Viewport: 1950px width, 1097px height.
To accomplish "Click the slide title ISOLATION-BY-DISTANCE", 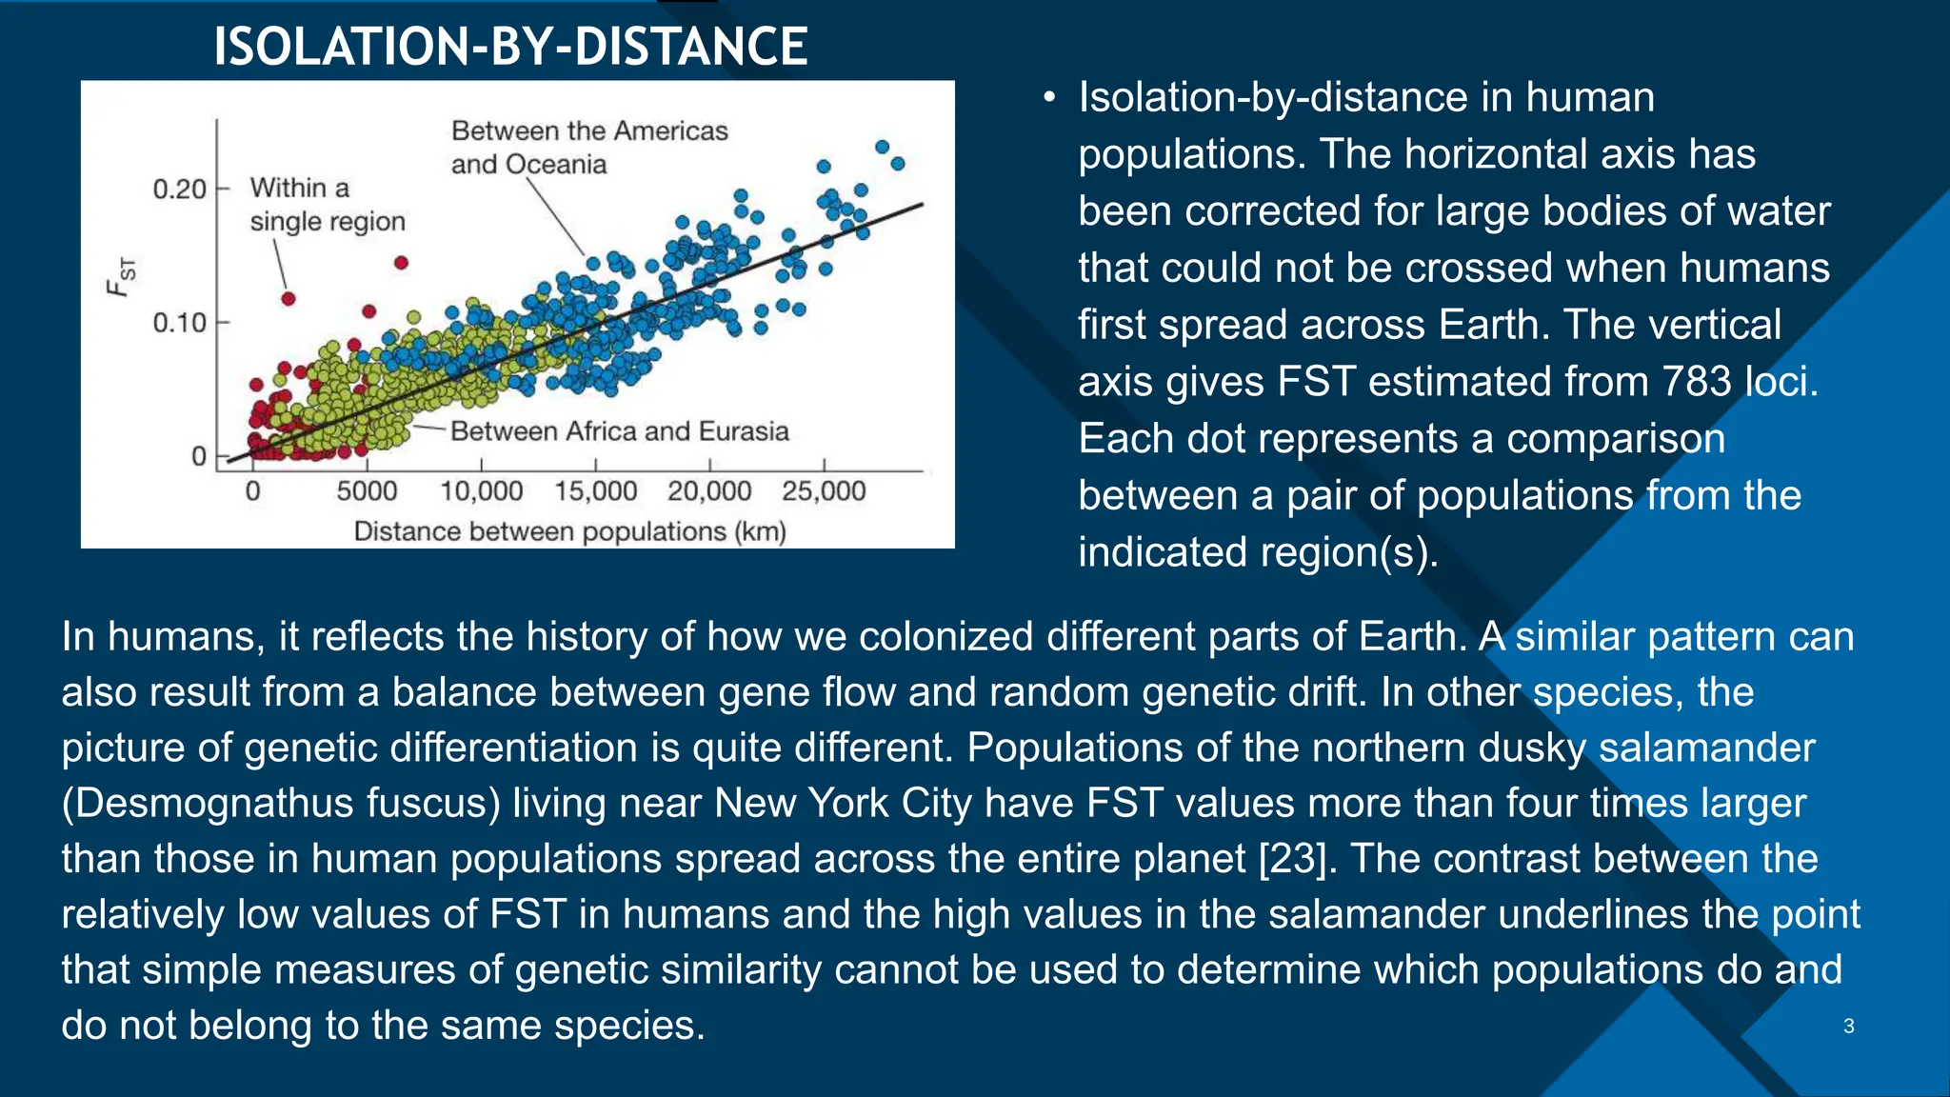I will (510, 46).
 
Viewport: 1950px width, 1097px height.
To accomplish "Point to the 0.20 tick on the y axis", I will (180, 189).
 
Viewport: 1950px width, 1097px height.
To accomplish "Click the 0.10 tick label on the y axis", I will (180, 323).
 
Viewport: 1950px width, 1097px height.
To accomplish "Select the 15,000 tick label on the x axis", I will (595, 491).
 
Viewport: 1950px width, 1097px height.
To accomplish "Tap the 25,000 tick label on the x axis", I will (824, 491).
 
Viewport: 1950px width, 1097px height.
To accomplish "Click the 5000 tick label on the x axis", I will (367, 491).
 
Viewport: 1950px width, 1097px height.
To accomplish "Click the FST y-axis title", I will (122, 276).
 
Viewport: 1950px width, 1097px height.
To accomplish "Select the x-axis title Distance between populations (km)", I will (569, 531).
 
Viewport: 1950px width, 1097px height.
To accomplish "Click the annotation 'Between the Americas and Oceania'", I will (588, 147).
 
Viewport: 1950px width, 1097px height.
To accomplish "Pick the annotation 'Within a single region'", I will (327, 204).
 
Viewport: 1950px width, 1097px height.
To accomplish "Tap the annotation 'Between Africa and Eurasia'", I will (619, 431).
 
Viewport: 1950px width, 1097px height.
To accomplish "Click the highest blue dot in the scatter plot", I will (883, 147).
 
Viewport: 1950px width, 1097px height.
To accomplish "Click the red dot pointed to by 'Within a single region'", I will (289, 299).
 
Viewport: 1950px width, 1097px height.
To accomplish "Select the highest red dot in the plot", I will (401, 262).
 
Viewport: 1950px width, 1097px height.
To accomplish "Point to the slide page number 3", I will (1848, 1027).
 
